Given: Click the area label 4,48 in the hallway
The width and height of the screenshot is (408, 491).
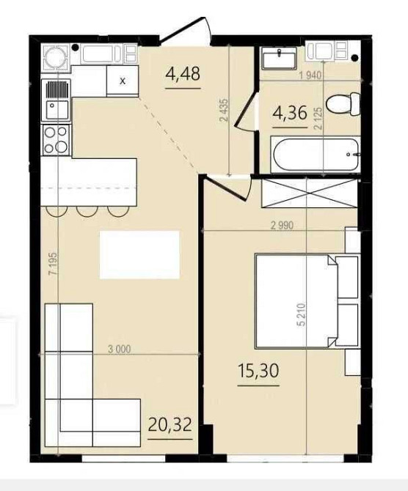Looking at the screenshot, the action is pyautogui.click(x=183, y=75).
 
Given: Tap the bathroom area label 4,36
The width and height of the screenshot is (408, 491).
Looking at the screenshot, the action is pyautogui.click(x=290, y=113).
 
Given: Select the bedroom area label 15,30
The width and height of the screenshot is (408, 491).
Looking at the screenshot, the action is pyautogui.click(x=258, y=371).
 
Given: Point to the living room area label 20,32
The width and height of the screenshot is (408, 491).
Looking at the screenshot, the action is pyautogui.click(x=170, y=425).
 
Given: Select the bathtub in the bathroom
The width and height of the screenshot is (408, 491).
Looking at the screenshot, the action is pyautogui.click(x=316, y=154).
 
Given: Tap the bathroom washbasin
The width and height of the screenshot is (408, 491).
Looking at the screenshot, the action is pyautogui.click(x=280, y=58).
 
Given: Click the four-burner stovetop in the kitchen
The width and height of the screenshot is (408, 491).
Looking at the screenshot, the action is pyautogui.click(x=57, y=140).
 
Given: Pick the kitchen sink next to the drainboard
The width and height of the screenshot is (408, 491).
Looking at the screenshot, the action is pyautogui.click(x=57, y=110).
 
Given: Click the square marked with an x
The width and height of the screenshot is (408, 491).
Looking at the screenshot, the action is pyautogui.click(x=123, y=81).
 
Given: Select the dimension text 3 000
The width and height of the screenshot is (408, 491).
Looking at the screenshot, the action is pyautogui.click(x=119, y=349).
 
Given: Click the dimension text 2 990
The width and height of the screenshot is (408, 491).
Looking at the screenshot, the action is pyautogui.click(x=283, y=226).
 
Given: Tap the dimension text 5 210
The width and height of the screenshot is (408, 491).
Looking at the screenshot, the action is pyautogui.click(x=301, y=314).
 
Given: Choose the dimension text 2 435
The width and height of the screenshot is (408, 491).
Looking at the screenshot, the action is pyautogui.click(x=225, y=110).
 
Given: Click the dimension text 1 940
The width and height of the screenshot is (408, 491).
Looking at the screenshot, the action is pyautogui.click(x=310, y=75).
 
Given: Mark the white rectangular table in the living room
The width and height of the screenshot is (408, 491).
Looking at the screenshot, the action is pyautogui.click(x=140, y=254).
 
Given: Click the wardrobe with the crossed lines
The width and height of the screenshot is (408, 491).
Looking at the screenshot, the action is pyautogui.click(x=309, y=193).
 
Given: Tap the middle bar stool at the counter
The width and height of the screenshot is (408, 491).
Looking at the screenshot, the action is pyautogui.click(x=87, y=211).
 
